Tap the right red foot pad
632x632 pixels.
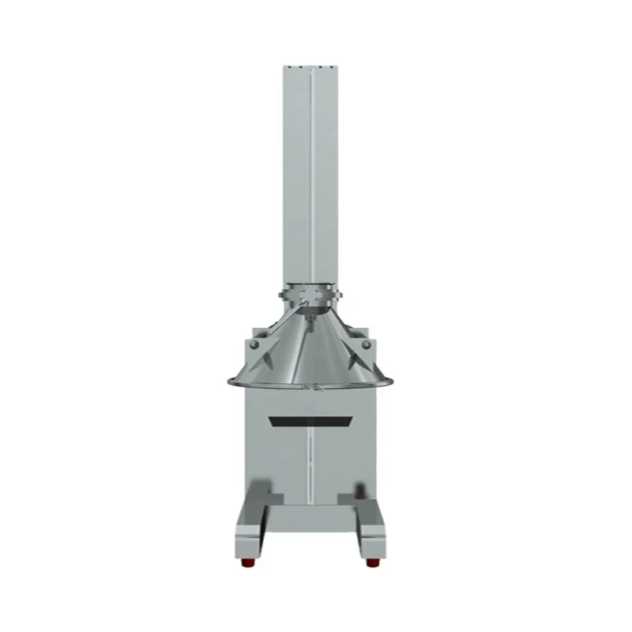[x=371, y=562]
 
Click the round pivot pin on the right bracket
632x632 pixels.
[x=365, y=345]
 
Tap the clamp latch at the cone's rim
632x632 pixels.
[x=313, y=386]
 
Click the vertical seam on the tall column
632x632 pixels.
[x=313, y=174]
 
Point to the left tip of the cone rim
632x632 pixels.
[x=229, y=384]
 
